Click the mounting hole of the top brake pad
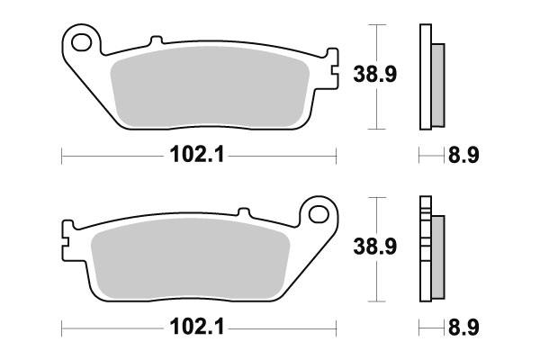(83, 41)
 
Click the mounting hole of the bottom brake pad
(316, 213)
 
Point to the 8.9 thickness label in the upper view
(463, 156)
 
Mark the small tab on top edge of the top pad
(155, 41)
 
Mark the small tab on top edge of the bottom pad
(243, 213)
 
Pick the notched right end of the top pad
(329, 71)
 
